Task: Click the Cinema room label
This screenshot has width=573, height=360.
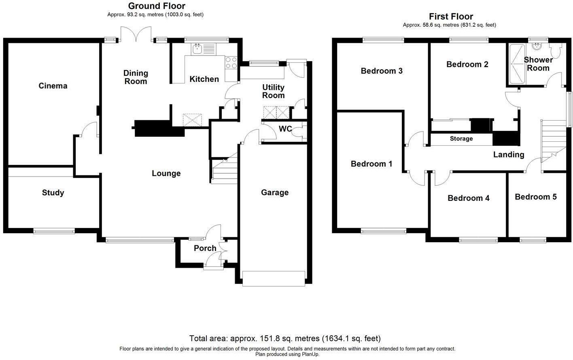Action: coord(53,86)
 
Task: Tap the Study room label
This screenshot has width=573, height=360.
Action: coord(53,192)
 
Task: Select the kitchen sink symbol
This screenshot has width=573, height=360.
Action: coord(204,49)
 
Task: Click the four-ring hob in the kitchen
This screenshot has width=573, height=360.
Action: coord(231,63)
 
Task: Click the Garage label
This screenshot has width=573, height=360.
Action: coord(275,192)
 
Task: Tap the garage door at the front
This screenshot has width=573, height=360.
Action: coord(274,278)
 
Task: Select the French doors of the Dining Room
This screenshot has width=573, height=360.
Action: coord(136,34)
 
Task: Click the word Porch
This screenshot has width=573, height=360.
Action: coord(205,248)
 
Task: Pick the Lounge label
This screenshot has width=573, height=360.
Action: coord(166,173)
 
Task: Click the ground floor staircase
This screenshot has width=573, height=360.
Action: coord(224,171)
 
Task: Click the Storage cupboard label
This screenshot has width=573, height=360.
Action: coord(461,139)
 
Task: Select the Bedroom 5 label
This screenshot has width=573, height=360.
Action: coord(536,197)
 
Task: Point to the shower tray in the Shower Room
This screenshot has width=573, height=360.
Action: coord(517,64)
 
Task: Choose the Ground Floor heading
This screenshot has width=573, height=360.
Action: coord(157,6)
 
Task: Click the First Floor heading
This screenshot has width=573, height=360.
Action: coord(451,17)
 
